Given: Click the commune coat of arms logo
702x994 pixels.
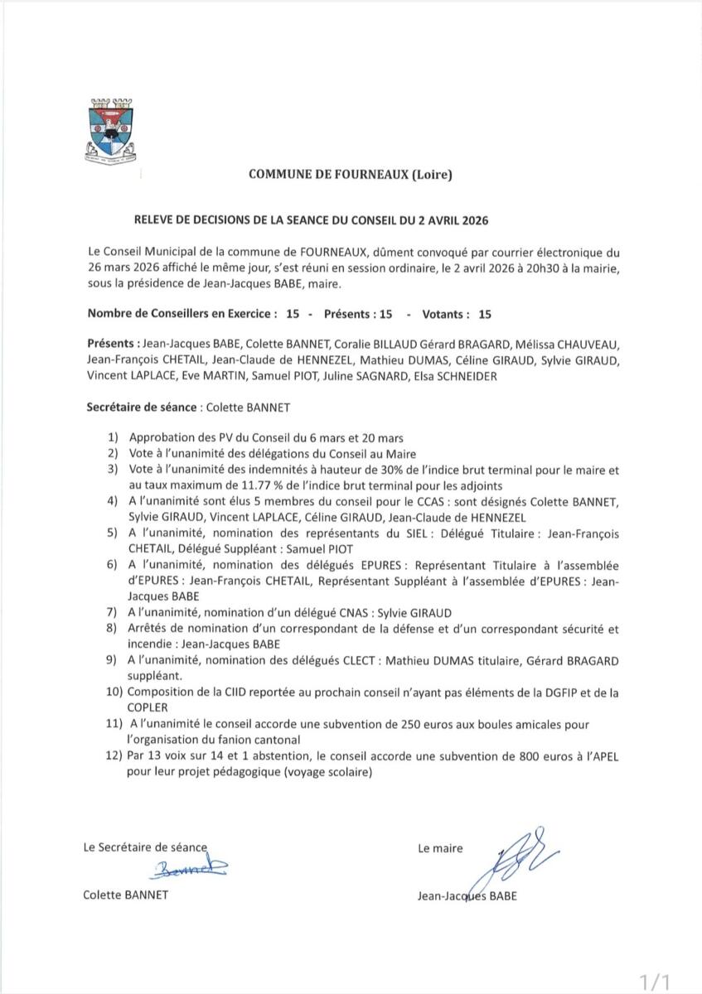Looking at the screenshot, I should tap(111, 129).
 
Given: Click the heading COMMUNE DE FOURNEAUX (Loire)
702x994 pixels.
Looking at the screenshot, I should tap(351, 174).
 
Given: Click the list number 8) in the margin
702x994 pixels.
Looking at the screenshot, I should tap(112, 629).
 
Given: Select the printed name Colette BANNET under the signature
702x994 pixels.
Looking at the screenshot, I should tap(126, 895).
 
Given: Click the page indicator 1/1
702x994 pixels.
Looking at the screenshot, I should tap(655, 982).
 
